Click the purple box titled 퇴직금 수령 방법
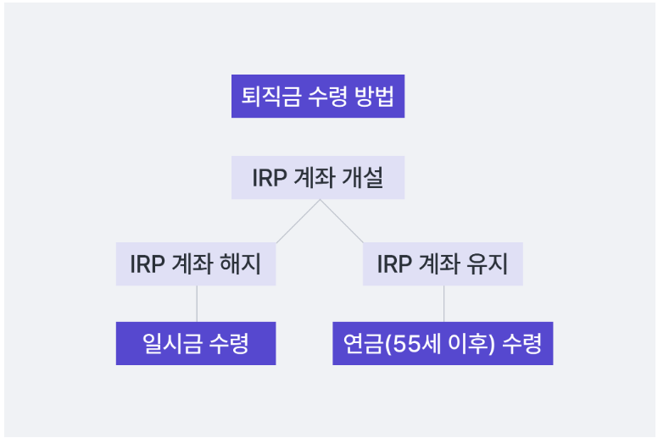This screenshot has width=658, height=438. click(x=318, y=96)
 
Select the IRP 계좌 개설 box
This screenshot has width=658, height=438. click(x=318, y=178)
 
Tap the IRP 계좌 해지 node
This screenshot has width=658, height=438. click(x=196, y=263)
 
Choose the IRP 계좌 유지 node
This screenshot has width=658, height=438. click(x=443, y=263)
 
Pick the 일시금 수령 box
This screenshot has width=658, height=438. click(x=196, y=343)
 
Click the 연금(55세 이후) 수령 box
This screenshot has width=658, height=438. click(x=443, y=343)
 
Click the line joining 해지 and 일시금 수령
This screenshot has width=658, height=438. click(x=197, y=303)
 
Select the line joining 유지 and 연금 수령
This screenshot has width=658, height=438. click(x=443, y=303)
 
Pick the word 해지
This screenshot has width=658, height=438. click(x=241, y=263)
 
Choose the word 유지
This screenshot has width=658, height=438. click(x=488, y=263)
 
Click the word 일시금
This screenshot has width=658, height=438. click(x=172, y=343)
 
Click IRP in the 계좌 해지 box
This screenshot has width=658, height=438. click(x=146, y=263)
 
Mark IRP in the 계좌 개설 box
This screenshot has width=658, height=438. click(x=268, y=178)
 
